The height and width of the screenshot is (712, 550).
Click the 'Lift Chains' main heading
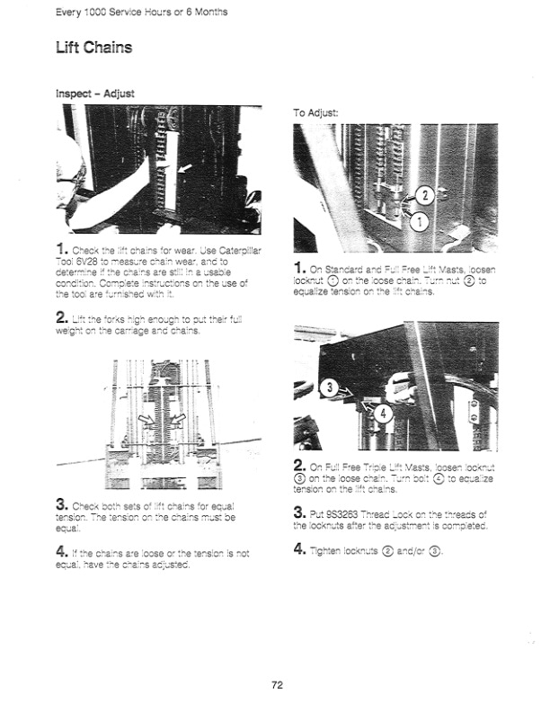(x=93, y=47)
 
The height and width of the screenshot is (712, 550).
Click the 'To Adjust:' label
(x=316, y=113)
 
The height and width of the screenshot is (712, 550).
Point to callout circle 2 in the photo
(x=427, y=195)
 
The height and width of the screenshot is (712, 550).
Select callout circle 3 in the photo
(x=330, y=388)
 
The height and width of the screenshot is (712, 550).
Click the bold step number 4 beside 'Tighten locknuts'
(x=300, y=548)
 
